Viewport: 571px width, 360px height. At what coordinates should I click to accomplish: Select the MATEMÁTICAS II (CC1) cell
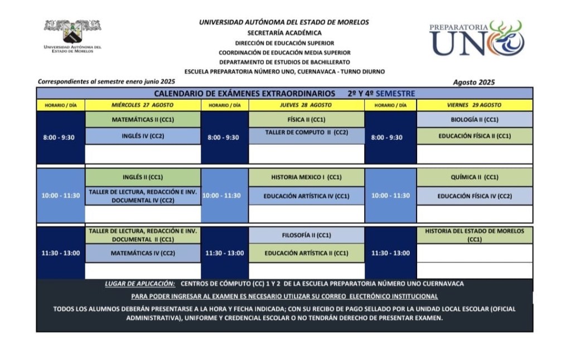142,119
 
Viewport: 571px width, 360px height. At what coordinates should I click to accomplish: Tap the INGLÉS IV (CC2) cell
142,135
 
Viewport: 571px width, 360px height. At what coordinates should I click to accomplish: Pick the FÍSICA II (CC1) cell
306,119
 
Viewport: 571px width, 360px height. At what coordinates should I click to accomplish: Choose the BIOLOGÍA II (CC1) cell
474,119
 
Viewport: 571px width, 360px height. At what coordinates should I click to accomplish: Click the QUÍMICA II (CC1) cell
474,177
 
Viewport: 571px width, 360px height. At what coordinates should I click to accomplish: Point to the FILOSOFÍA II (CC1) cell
306,235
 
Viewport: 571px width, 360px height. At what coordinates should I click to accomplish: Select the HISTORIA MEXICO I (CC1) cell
306,177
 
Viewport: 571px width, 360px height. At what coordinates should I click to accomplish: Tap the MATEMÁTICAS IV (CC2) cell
142,252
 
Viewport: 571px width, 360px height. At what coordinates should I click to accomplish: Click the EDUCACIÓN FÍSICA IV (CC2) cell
474,196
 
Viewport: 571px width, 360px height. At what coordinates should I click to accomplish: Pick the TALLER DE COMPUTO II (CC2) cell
306,133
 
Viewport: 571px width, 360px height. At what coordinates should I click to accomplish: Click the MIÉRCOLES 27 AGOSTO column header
142,105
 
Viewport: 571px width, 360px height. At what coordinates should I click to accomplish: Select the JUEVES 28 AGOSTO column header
306,105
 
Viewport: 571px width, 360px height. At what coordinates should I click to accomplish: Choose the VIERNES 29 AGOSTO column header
474,105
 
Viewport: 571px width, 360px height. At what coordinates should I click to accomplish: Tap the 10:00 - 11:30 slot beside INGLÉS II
60,196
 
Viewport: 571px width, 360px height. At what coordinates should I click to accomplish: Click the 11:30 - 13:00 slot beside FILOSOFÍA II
224,252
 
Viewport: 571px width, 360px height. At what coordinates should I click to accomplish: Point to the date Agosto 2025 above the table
473,82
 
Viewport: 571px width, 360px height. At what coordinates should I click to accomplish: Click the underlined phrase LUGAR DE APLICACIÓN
140,284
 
